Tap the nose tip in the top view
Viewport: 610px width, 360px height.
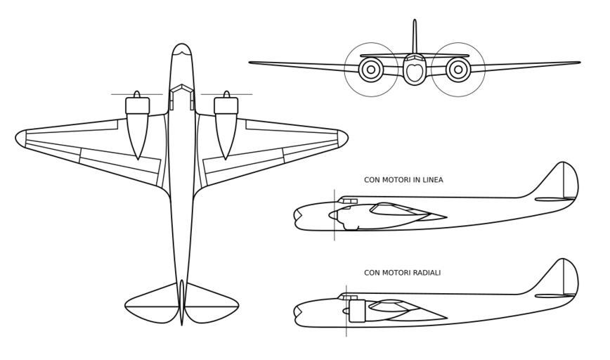point(182,46)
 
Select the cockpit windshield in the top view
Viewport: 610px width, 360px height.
point(182,90)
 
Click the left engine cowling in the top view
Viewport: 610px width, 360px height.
point(137,106)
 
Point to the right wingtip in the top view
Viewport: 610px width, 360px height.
point(346,137)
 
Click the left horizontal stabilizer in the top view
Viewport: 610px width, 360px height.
point(151,301)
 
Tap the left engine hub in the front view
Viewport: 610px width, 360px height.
point(370,69)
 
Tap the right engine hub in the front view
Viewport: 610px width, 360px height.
point(458,69)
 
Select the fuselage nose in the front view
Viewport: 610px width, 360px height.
point(414,71)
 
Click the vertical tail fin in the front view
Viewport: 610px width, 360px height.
point(415,35)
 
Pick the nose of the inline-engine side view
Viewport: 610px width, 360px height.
point(297,217)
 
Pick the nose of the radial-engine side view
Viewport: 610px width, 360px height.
point(297,312)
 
